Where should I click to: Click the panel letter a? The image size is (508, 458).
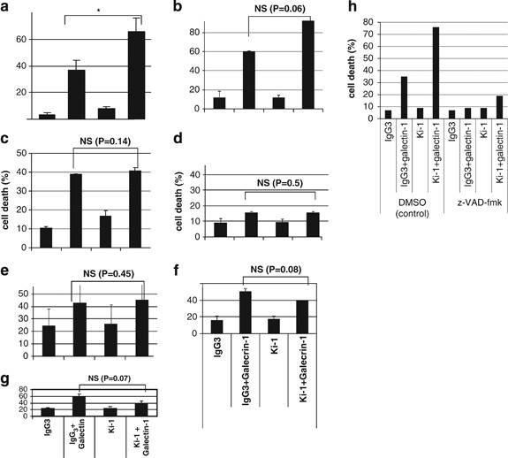pos(6,8)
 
